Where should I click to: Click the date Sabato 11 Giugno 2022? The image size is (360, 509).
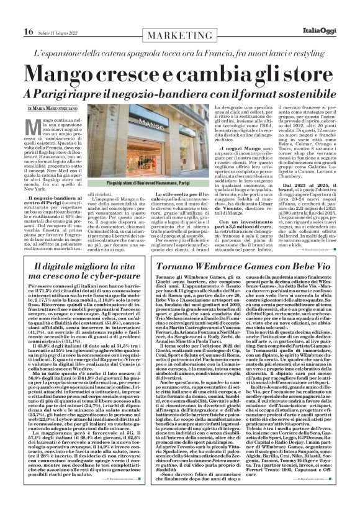tap(58, 15)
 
